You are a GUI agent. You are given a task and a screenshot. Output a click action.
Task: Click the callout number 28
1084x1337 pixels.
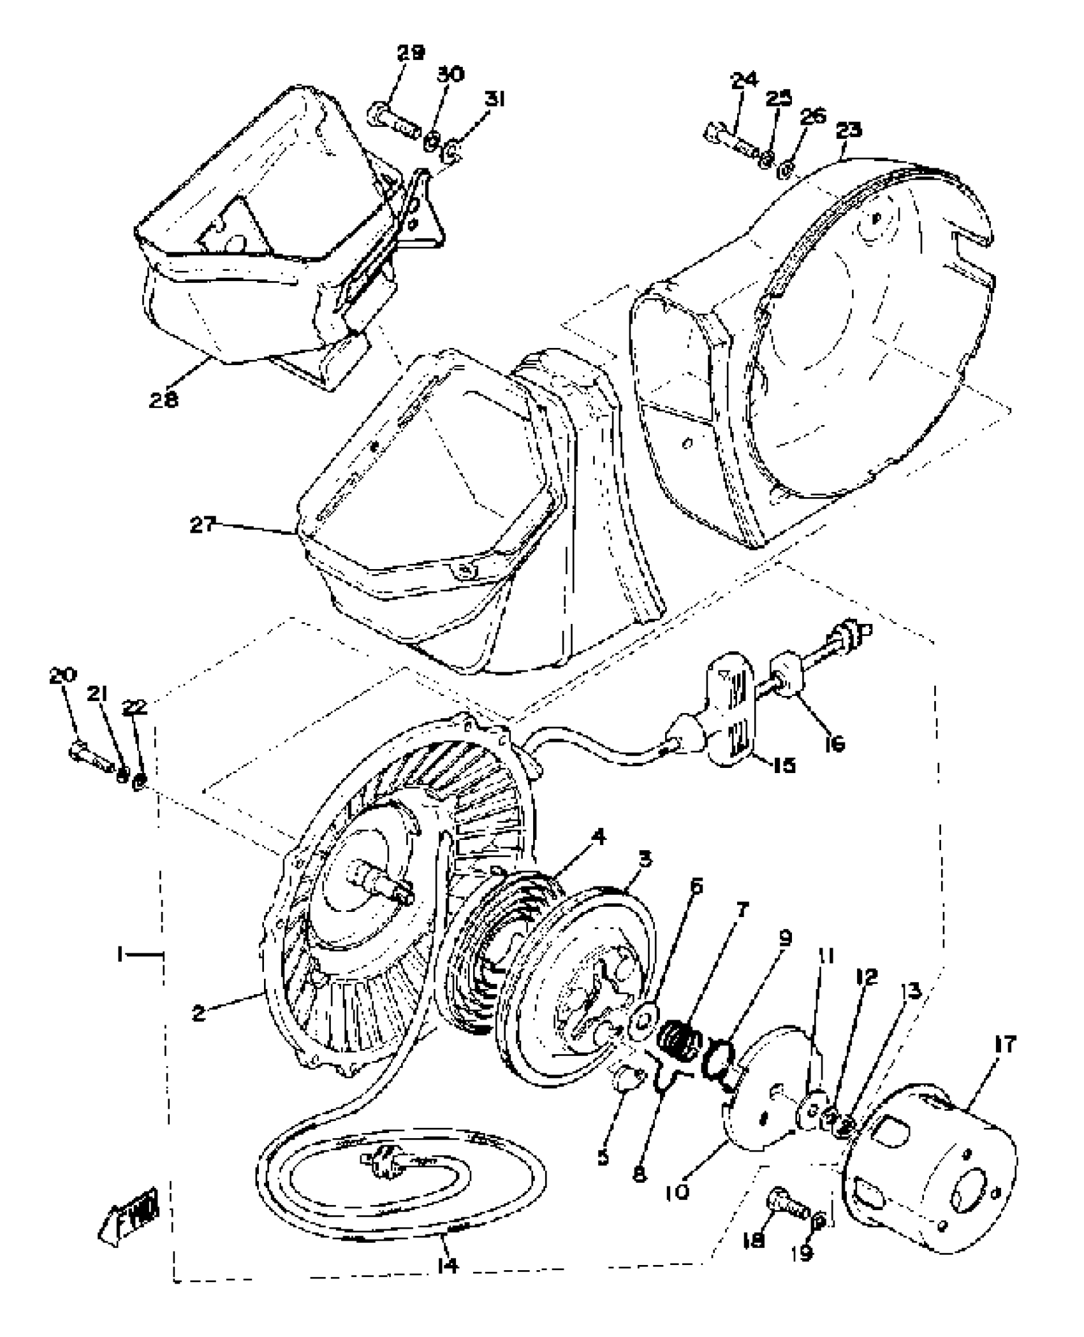164,400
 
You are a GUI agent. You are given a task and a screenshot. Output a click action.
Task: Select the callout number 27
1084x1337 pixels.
203,524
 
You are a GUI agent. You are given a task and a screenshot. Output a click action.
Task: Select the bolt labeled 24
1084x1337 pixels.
731,145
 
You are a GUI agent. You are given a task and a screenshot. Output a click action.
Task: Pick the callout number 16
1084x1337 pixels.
834,742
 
